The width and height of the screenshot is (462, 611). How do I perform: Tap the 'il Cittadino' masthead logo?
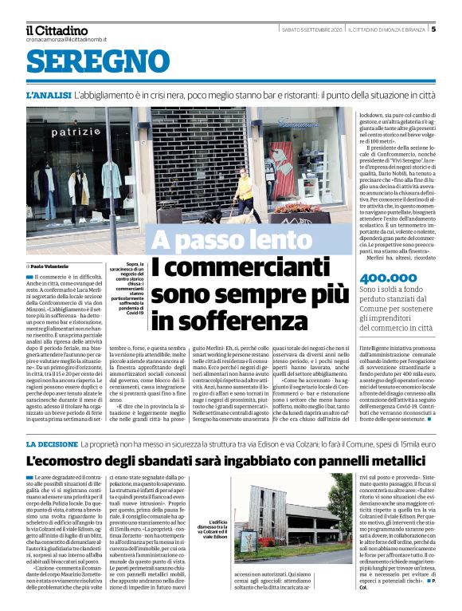(x=57, y=30)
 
